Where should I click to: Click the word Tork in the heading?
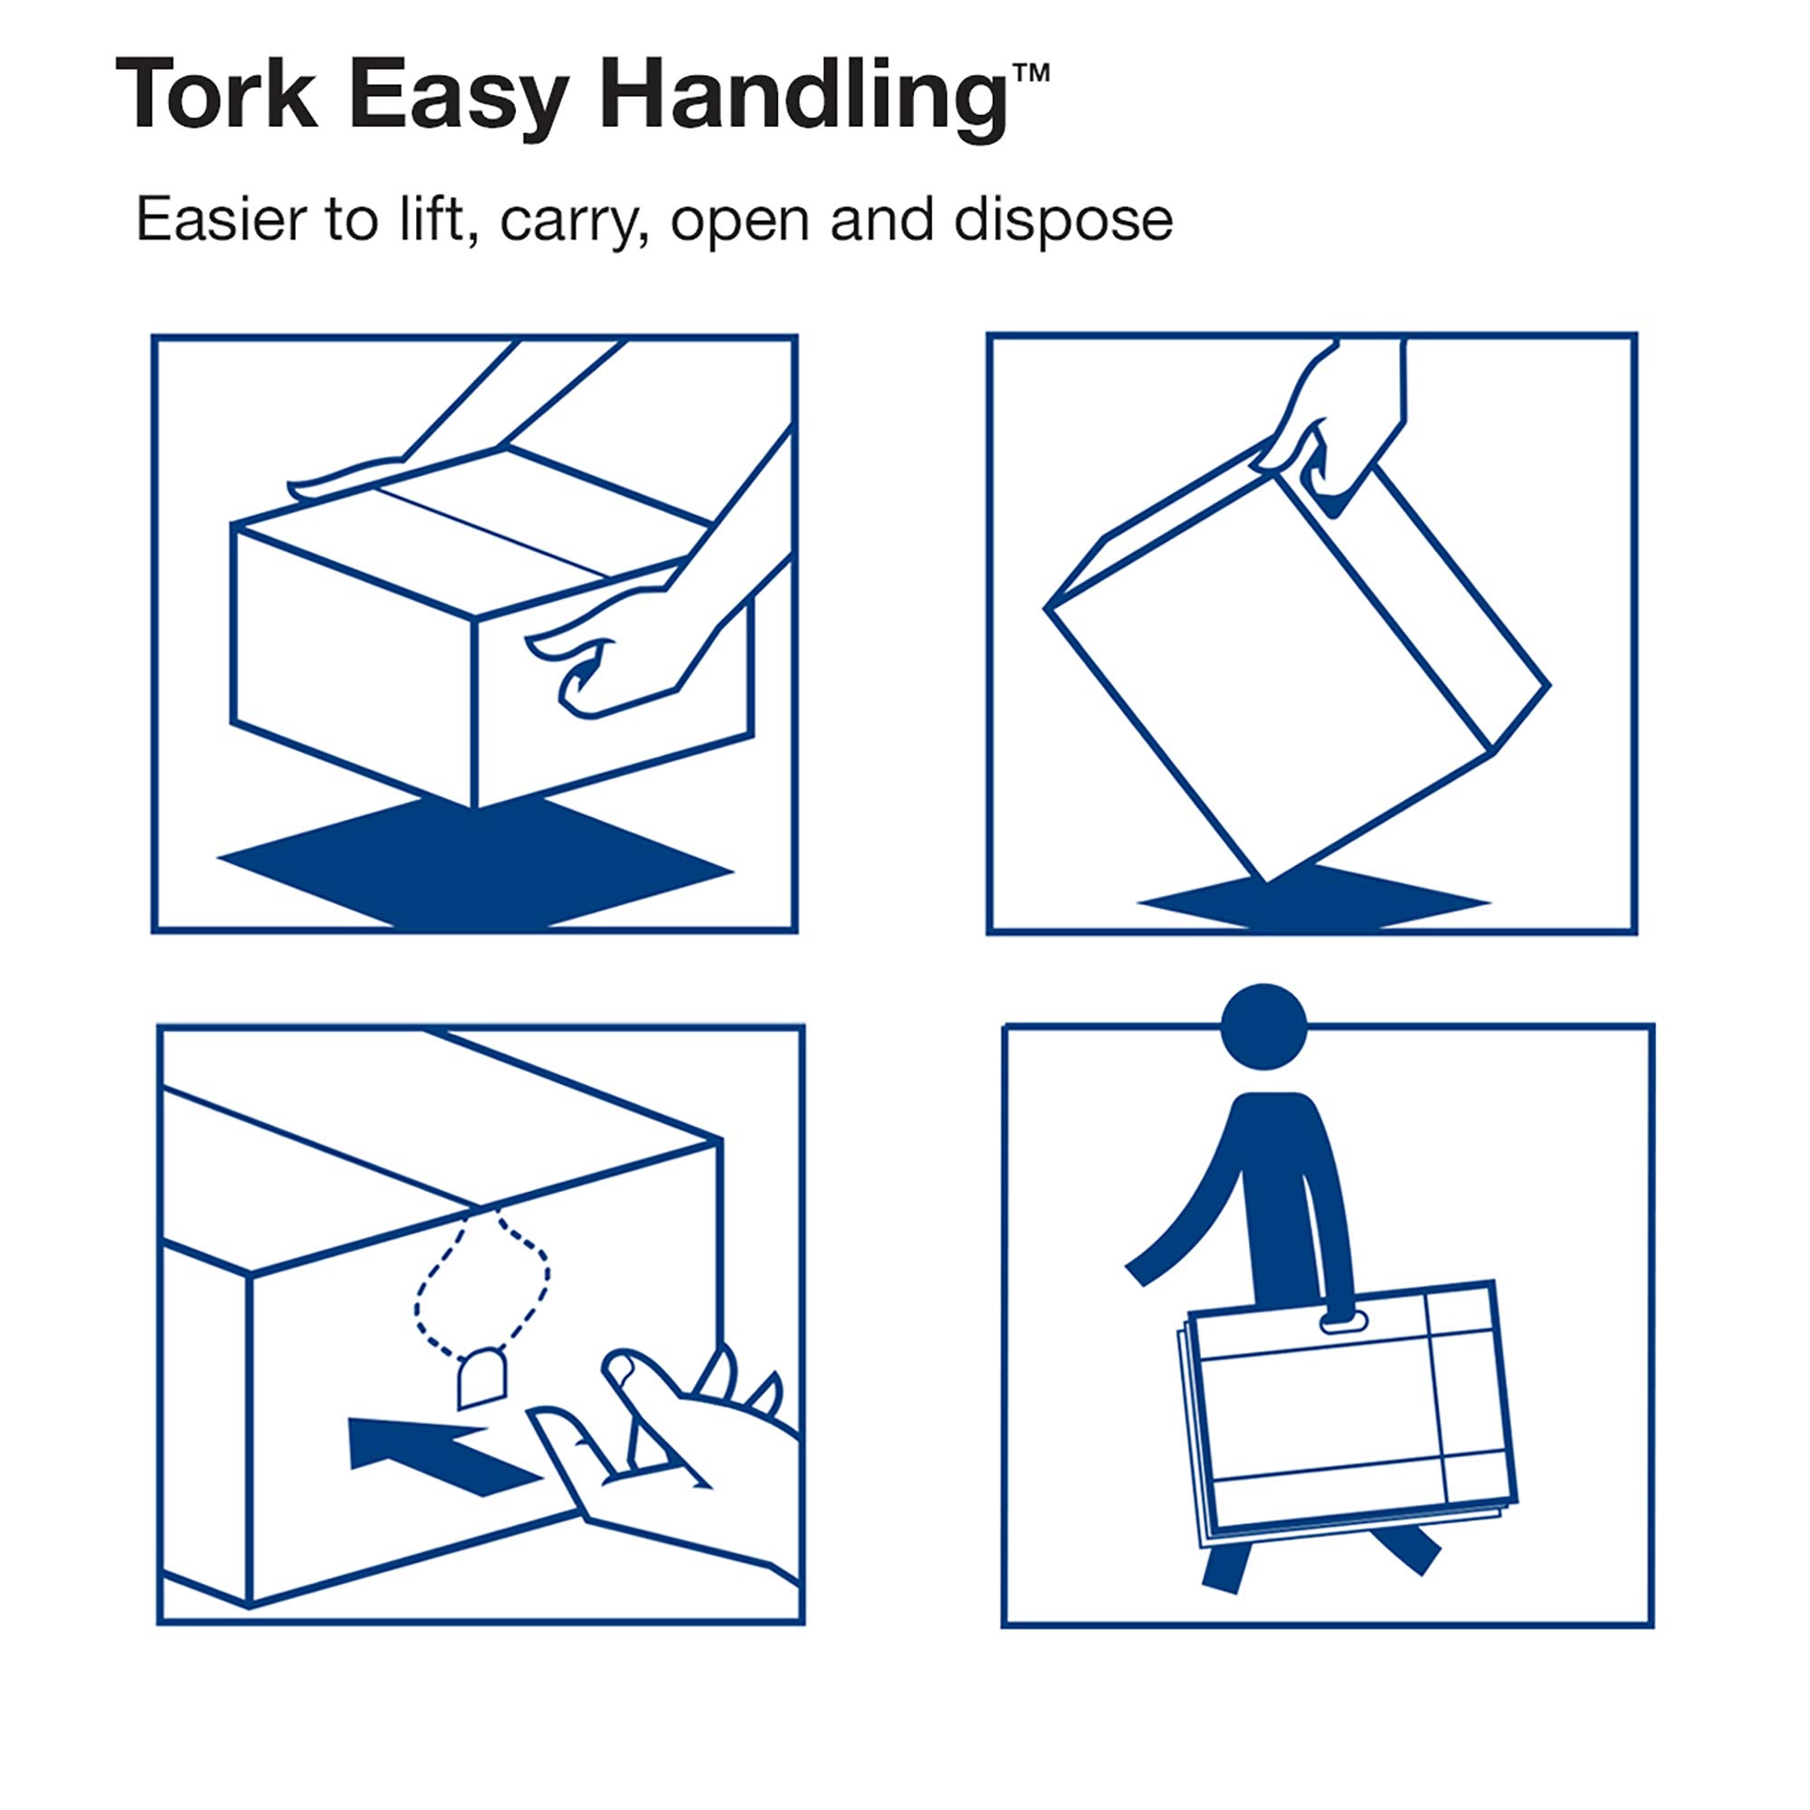pyautogui.click(x=216, y=95)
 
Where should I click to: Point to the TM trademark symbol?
pyautogui.click(x=1031, y=72)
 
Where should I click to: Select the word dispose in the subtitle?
pyautogui.click(x=1062, y=221)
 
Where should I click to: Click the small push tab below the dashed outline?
pyautogui.click(x=481, y=1380)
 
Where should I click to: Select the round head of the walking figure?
pyautogui.click(x=1263, y=1027)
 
